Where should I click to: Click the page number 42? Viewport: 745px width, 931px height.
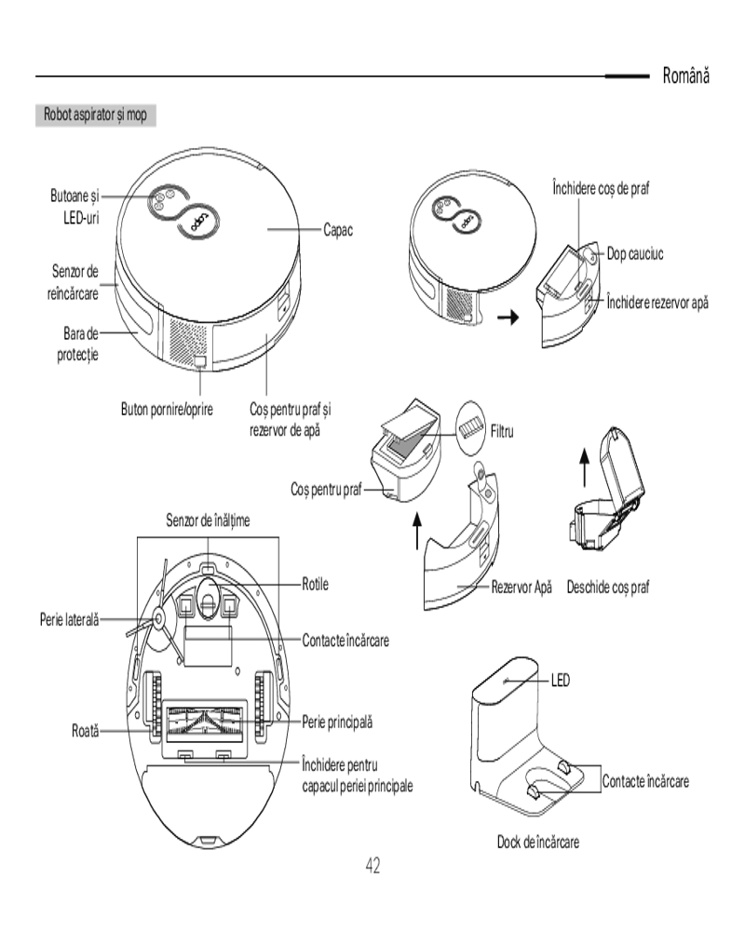372,866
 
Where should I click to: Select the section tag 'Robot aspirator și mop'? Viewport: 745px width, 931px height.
94,115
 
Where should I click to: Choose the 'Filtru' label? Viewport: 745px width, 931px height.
502,431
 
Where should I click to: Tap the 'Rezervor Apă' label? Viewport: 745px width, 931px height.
522,587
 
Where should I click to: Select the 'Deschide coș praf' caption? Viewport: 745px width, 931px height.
608,587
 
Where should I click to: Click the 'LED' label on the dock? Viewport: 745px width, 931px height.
560,681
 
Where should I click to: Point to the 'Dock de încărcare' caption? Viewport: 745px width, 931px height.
538,842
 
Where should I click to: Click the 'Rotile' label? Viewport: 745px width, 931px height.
316,585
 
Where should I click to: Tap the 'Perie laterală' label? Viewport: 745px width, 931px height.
69,616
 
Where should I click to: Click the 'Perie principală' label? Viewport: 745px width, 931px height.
337,722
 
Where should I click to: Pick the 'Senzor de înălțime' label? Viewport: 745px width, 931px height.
208,519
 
